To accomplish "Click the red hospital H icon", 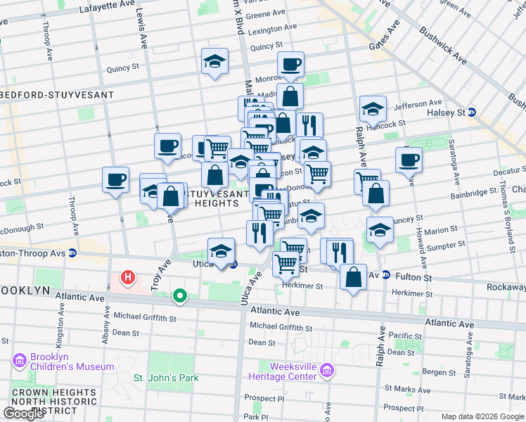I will [x=127, y=278].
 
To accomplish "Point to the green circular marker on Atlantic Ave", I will [x=180, y=297].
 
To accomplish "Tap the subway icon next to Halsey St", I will [x=473, y=113].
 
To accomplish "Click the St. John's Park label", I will [x=166, y=378].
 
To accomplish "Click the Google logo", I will [x=24, y=413].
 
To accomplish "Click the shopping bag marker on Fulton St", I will [x=352, y=277].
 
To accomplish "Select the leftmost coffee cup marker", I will [x=115, y=180].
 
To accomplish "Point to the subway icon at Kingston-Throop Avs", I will [x=72, y=253].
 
